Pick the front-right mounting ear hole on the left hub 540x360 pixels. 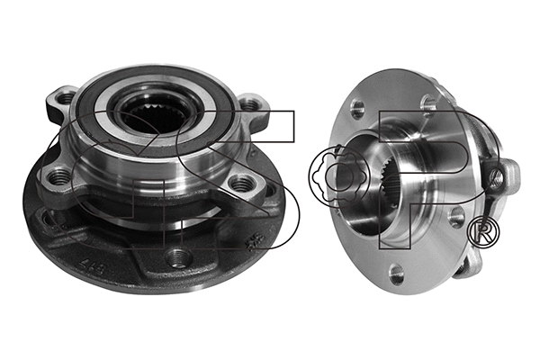click(x=242, y=184)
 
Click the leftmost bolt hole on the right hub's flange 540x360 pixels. click(x=357, y=110)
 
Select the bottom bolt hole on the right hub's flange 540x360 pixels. click(x=397, y=274)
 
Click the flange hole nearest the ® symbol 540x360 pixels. click(x=456, y=217)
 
